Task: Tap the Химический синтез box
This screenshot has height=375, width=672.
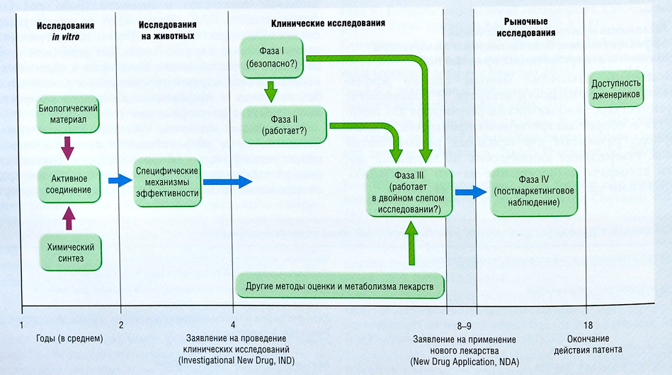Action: pyautogui.click(x=67, y=251)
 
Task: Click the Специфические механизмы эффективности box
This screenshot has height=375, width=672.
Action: pyautogui.click(x=168, y=181)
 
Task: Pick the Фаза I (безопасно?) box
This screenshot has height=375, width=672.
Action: pyautogui.click(x=272, y=57)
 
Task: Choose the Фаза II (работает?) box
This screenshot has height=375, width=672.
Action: pyautogui.click(x=284, y=125)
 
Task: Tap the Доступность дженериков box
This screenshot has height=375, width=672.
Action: pyautogui.click(x=616, y=88)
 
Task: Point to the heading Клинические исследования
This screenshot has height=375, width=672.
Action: pyautogui.click(x=328, y=23)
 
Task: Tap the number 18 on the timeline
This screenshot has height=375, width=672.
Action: pyautogui.click(x=586, y=325)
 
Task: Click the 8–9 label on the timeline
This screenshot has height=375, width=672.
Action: pyautogui.click(x=464, y=325)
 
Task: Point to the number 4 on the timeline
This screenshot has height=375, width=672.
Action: pyautogui.click(x=233, y=325)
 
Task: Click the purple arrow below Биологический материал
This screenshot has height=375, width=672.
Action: pyautogui.click(x=68, y=148)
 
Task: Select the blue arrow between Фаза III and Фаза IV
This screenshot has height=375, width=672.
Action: pyautogui.click(x=467, y=191)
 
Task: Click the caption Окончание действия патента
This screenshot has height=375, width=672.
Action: pyautogui.click(x=588, y=344)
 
